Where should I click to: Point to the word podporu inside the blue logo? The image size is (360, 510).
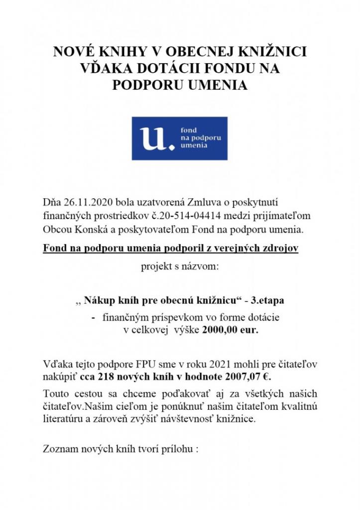(x=205, y=137)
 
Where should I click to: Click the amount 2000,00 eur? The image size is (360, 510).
(x=231, y=330)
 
